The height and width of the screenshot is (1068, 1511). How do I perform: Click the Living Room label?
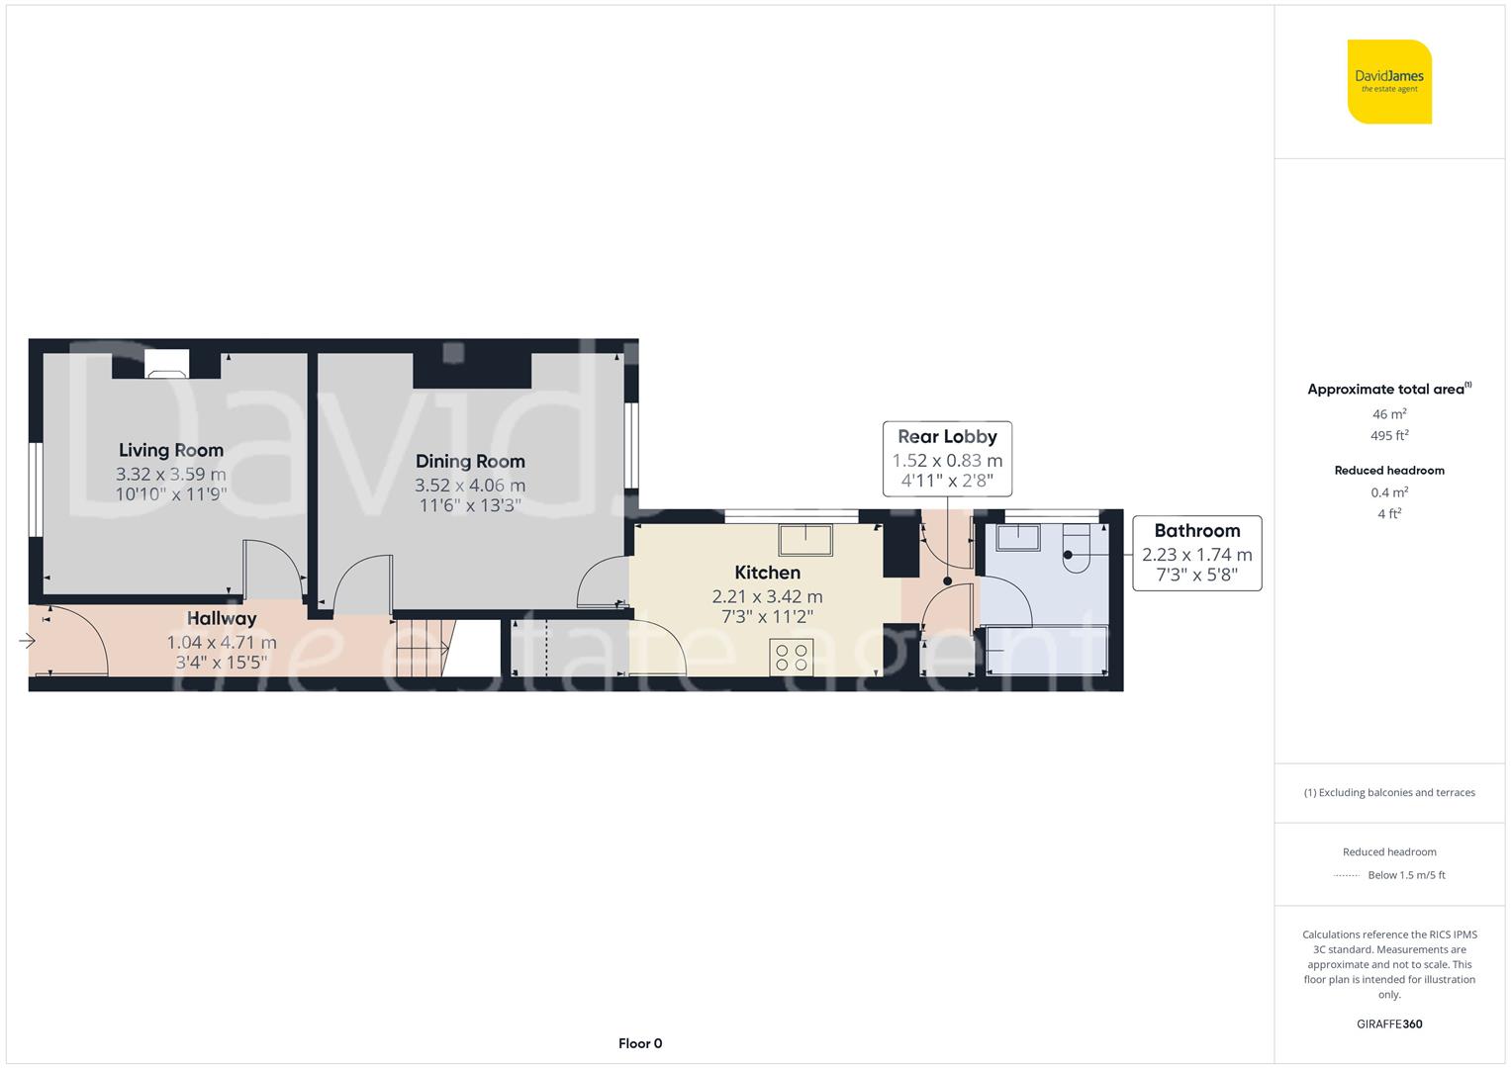pyautogui.click(x=170, y=450)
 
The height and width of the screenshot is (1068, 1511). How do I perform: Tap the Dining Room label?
pyautogui.click(x=470, y=462)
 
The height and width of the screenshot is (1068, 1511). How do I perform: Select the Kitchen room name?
pyautogui.click(x=768, y=573)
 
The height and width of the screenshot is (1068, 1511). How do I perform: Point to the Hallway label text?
pyautogui.click(x=222, y=619)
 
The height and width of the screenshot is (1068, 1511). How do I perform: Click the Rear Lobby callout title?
pyautogui.click(x=947, y=437)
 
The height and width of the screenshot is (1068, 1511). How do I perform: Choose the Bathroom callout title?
pyautogui.click(x=1197, y=531)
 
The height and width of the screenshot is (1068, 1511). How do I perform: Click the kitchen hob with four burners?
pyautogui.click(x=792, y=657)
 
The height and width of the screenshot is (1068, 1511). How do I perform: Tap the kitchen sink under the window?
pyautogui.click(x=805, y=539)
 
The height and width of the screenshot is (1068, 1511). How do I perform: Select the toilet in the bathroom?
pyautogui.click(x=1076, y=548)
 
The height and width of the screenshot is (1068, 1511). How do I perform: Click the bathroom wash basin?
pyautogui.click(x=1018, y=538)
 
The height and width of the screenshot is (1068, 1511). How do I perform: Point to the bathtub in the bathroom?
pyautogui.click(x=1047, y=650)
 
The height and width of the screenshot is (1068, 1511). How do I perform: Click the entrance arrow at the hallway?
pyautogui.click(x=27, y=641)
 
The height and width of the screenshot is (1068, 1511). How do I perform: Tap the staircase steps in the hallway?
pyautogui.click(x=423, y=649)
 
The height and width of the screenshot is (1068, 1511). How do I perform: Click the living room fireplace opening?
pyautogui.click(x=166, y=364)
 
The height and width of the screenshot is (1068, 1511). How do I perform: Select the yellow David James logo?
pyautogui.click(x=1389, y=81)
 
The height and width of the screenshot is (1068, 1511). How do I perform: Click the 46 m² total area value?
pyautogui.click(x=1389, y=414)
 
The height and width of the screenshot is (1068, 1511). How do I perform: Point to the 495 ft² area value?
pyautogui.click(x=1389, y=435)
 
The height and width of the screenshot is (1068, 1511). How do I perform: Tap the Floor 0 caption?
pyautogui.click(x=640, y=1043)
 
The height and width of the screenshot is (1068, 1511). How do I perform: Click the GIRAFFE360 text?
pyautogui.click(x=1389, y=1024)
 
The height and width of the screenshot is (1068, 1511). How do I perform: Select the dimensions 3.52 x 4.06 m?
pyautogui.click(x=470, y=486)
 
